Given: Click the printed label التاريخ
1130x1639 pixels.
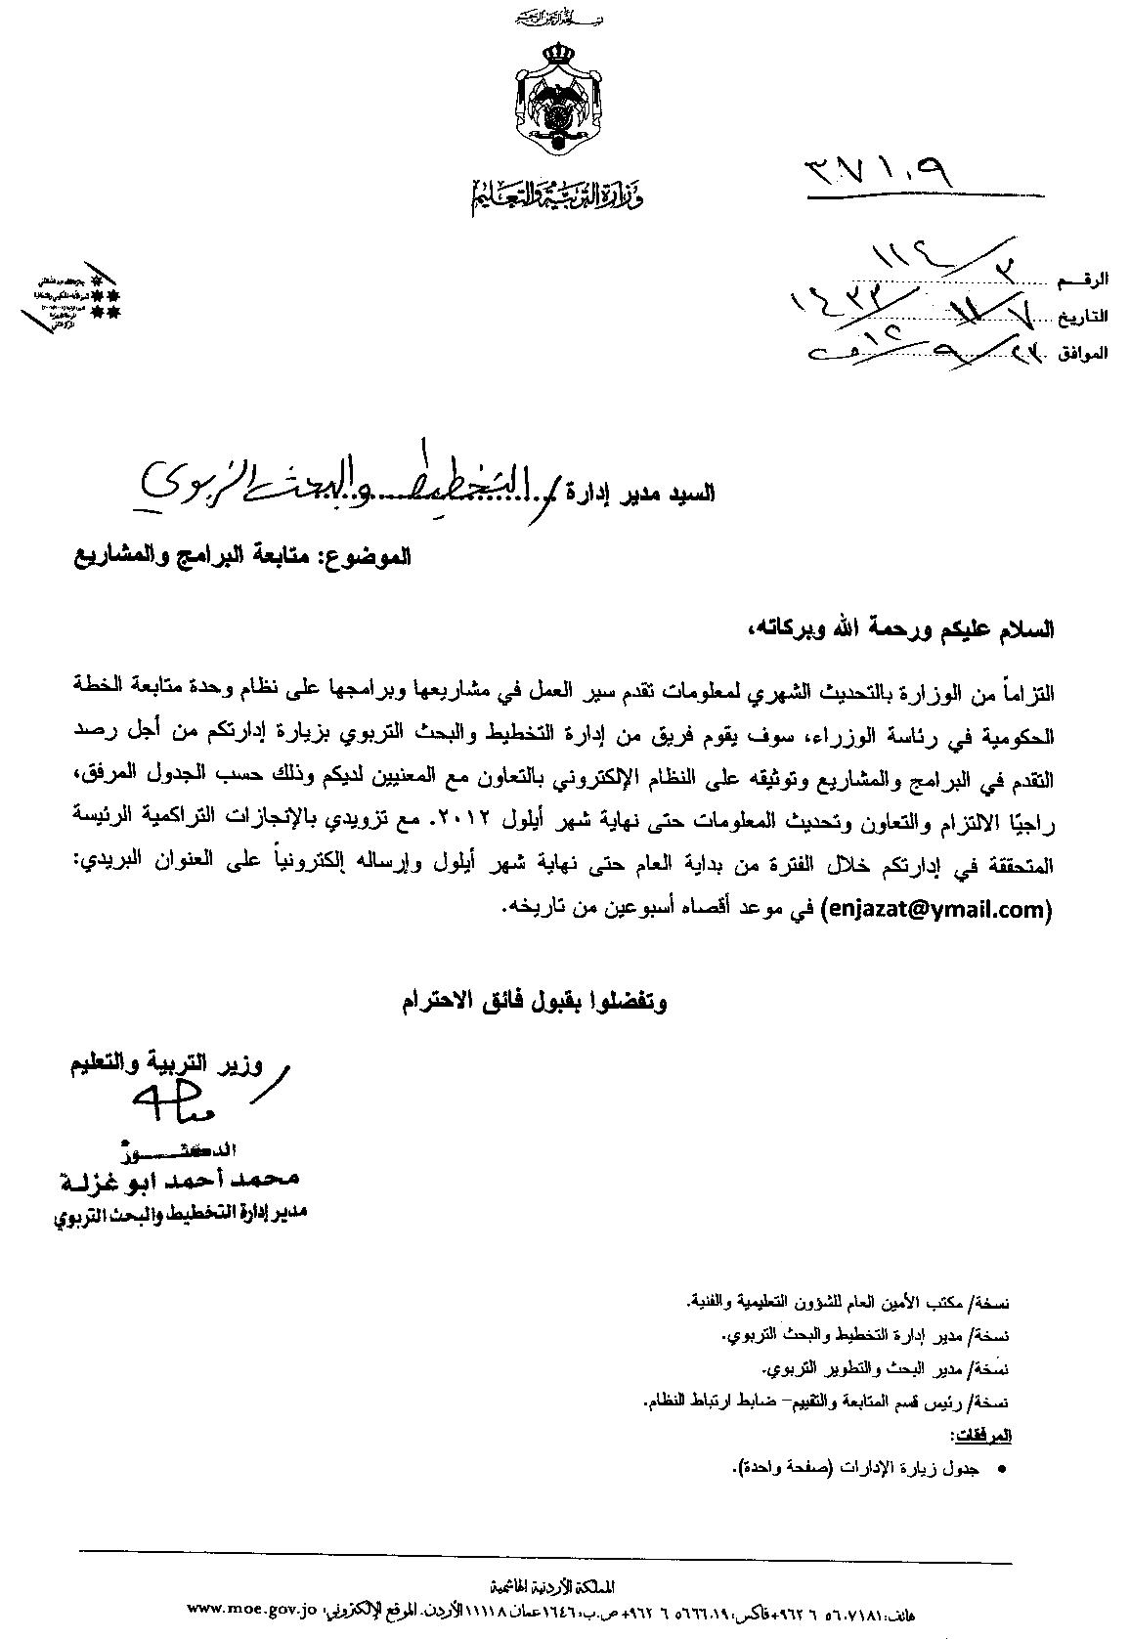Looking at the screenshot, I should click(1084, 317).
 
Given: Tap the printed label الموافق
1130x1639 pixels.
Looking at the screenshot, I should click(1084, 352).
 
